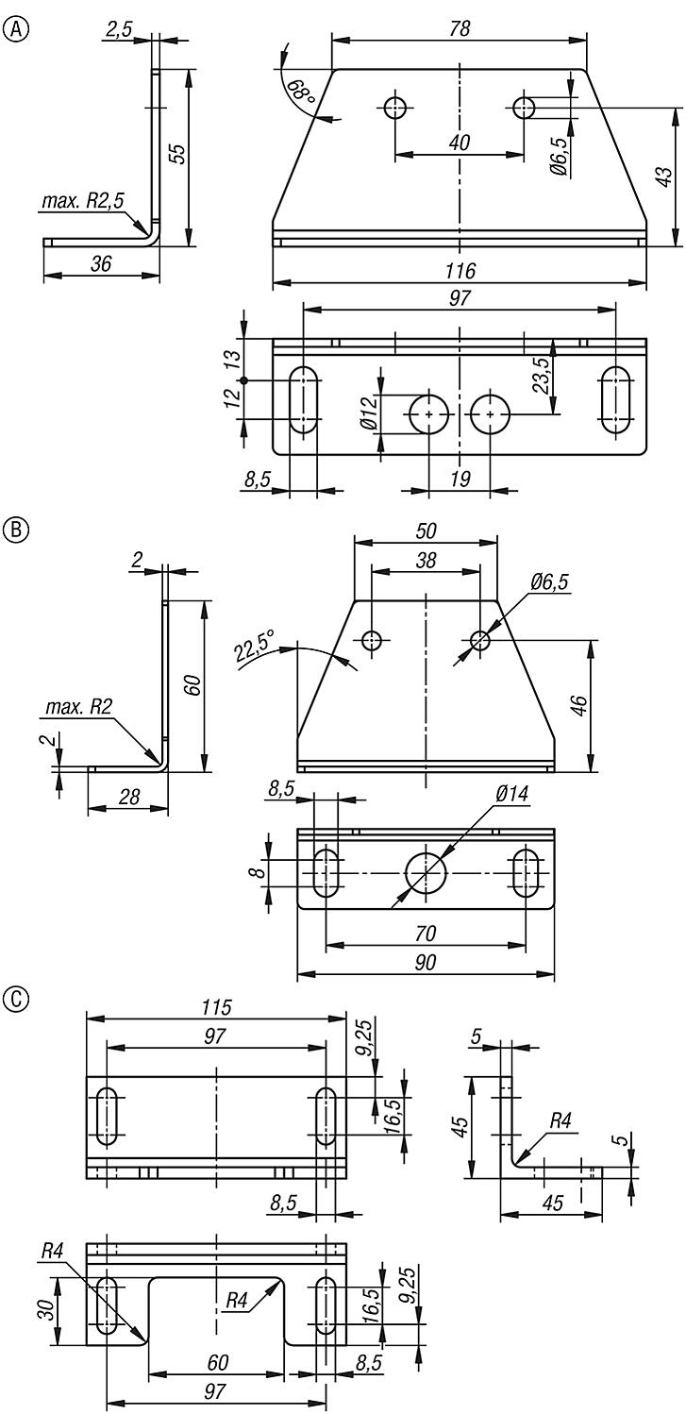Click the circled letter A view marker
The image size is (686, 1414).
pyautogui.click(x=15, y=29)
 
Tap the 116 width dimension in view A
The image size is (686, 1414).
pyautogui.click(x=460, y=271)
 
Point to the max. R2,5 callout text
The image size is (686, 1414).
pyautogui.click(x=83, y=200)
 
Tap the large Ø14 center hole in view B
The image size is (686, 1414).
pyautogui.click(x=427, y=872)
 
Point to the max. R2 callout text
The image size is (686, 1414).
pyautogui.click(x=77, y=707)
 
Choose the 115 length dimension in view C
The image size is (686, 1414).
pyautogui.click(x=216, y=1007)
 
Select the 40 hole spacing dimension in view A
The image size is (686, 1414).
pyautogui.click(x=460, y=143)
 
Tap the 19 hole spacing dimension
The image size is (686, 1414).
pyautogui.click(x=460, y=480)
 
